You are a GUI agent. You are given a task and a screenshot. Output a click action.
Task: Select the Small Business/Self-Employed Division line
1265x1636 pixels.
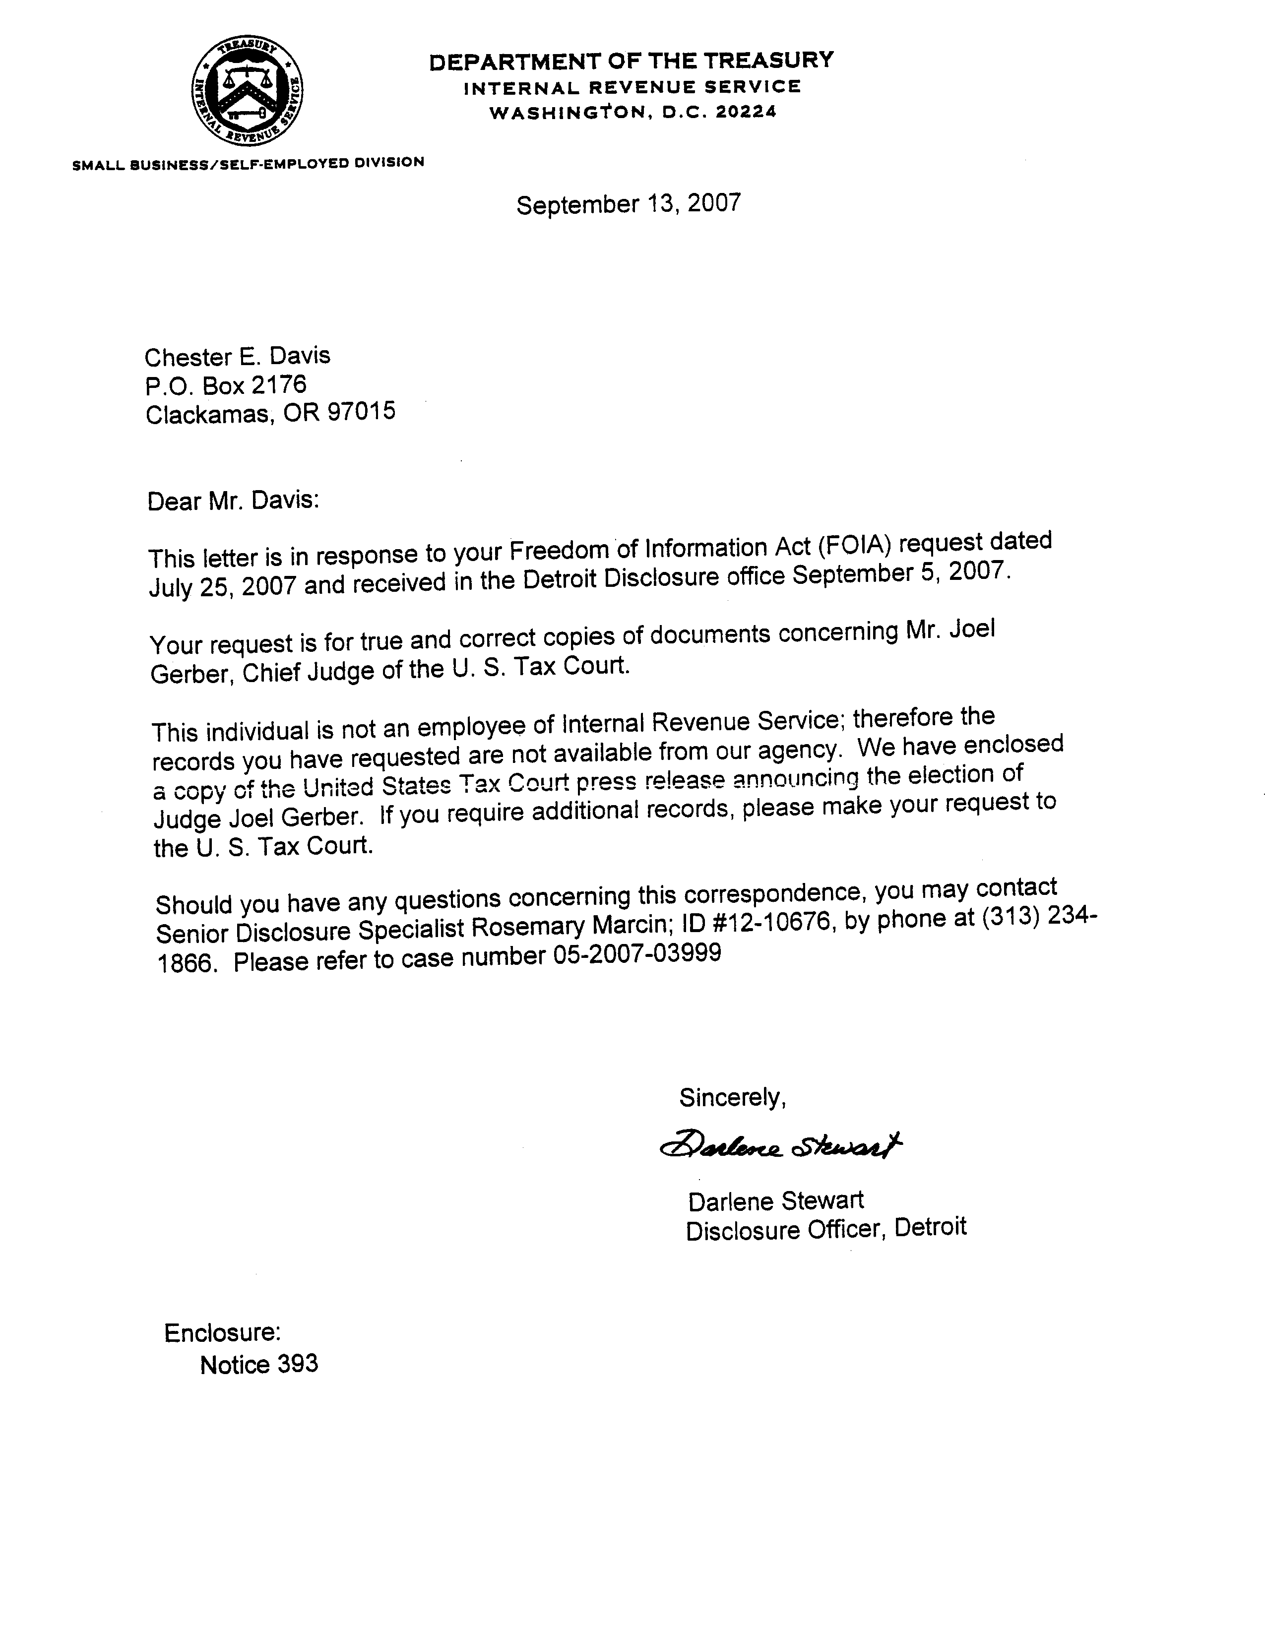pos(248,163)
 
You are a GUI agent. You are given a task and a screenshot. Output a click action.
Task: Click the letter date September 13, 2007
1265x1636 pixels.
pos(629,204)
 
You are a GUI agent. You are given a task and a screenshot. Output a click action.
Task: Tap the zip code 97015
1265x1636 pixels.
pos(362,412)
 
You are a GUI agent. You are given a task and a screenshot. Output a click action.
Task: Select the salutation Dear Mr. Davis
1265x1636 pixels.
pos(233,501)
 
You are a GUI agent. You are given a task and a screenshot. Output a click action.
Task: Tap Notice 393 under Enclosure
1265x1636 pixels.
pos(258,1364)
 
